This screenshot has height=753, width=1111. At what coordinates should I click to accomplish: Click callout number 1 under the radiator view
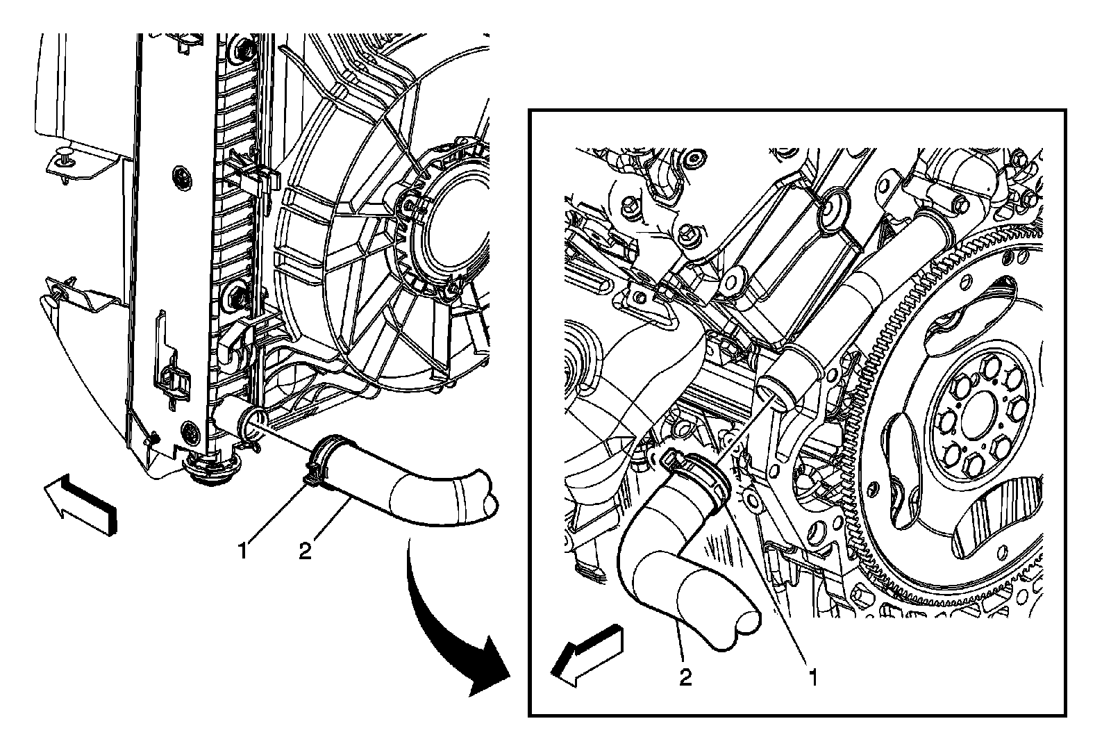coord(242,552)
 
